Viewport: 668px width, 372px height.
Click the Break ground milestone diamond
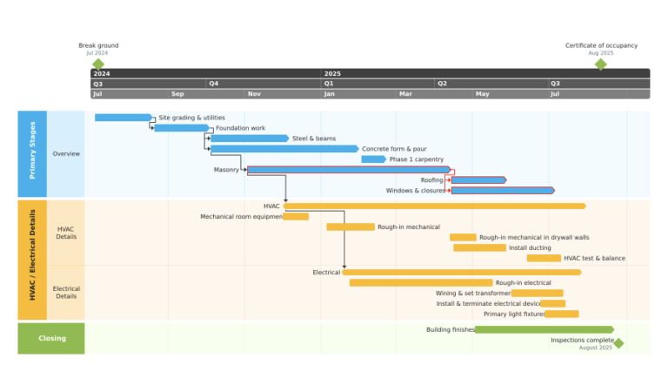(x=98, y=64)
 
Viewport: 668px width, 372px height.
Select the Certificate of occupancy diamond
(x=601, y=64)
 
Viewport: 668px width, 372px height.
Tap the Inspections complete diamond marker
(x=619, y=343)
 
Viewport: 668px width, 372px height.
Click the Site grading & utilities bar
(x=124, y=118)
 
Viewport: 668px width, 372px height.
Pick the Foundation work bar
(x=182, y=128)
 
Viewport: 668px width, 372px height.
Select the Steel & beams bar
(x=250, y=139)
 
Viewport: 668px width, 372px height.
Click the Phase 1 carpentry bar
(x=374, y=159)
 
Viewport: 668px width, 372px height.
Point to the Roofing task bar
(x=479, y=180)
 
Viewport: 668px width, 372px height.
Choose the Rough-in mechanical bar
(x=351, y=227)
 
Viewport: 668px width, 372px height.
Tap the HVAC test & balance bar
(x=544, y=258)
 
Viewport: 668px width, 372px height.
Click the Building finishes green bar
(x=544, y=330)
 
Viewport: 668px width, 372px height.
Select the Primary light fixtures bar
(x=562, y=314)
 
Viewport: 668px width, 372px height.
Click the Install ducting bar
(x=480, y=248)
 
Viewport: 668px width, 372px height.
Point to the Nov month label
(x=254, y=94)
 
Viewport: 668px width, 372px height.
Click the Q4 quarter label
(x=214, y=84)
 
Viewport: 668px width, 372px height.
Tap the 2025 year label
(x=332, y=74)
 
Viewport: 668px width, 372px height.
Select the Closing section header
(x=51, y=338)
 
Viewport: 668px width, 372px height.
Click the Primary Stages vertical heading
(x=32, y=150)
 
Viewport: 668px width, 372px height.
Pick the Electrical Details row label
(x=66, y=292)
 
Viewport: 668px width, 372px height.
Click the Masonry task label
(x=226, y=170)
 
